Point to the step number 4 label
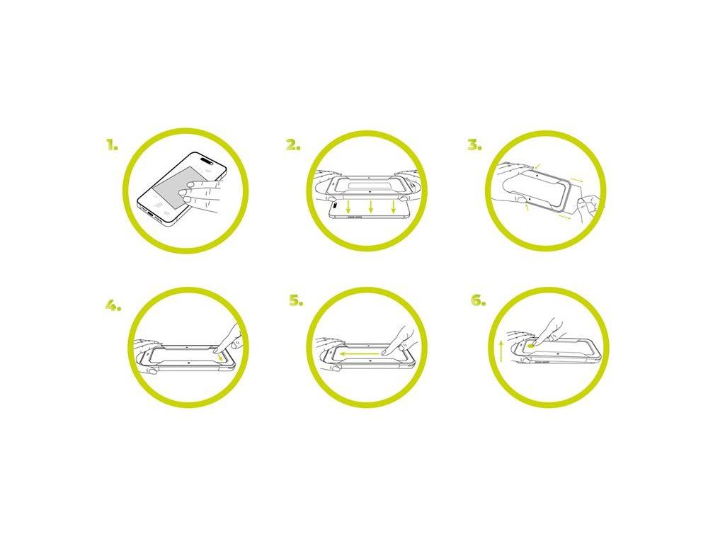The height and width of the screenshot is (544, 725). coord(113,305)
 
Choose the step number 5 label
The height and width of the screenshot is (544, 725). coord(296,300)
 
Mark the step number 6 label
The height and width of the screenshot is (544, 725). coord(478,300)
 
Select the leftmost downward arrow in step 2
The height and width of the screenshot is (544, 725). coord(348,207)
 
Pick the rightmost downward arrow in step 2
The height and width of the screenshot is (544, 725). coord(393,207)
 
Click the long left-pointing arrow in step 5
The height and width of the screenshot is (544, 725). coord(362,353)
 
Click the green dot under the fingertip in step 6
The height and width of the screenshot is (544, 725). coord(530,345)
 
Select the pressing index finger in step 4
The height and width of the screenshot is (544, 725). coord(229,339)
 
